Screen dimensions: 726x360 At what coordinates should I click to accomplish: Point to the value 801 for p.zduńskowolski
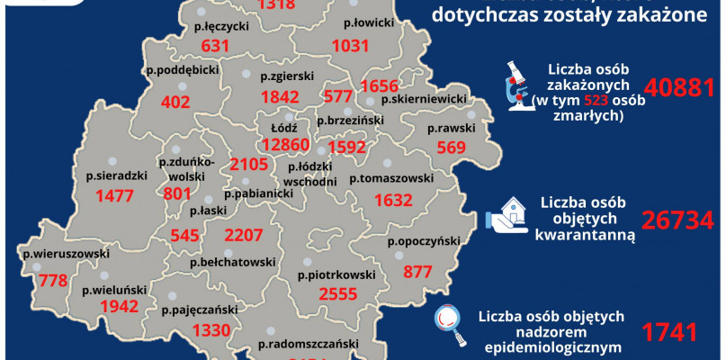(179, 193)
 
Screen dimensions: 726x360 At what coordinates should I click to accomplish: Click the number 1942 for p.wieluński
(109, 307)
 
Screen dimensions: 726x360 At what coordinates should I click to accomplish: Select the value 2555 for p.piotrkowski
(327, 293)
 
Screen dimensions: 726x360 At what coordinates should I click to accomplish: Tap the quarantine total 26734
(677, 220)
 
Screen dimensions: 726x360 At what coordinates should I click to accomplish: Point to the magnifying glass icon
(450, 321)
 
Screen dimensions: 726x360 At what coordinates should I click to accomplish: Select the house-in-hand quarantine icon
(506, 218)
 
